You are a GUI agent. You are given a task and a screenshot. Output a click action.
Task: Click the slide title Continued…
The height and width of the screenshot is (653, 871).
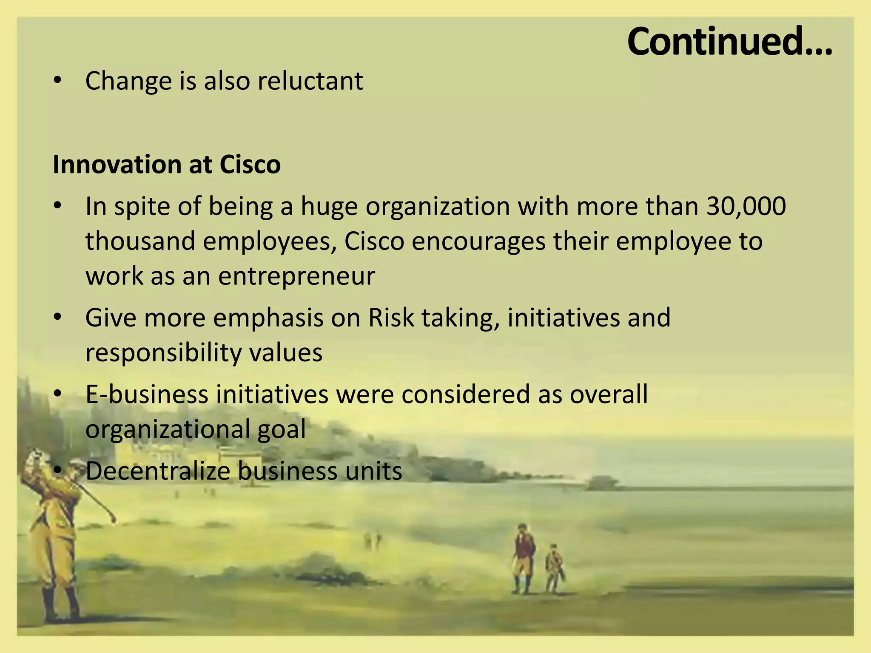point(729,41)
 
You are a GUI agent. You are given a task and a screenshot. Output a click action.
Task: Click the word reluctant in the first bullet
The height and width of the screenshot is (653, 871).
point(310,80)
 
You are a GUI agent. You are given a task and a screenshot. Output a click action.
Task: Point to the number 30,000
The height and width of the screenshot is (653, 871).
point(746,206)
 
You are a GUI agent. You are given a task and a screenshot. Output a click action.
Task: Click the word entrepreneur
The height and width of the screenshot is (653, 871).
point(296,276)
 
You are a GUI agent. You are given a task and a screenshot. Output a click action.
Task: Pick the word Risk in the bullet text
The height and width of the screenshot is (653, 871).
point(391,318)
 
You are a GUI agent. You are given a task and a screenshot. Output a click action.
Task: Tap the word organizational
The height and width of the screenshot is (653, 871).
point(167,429)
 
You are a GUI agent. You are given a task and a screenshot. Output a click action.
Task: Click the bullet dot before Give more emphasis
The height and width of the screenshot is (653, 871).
point(57,317)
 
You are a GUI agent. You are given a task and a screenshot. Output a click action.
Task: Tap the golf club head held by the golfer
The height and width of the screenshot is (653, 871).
point(113,519)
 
